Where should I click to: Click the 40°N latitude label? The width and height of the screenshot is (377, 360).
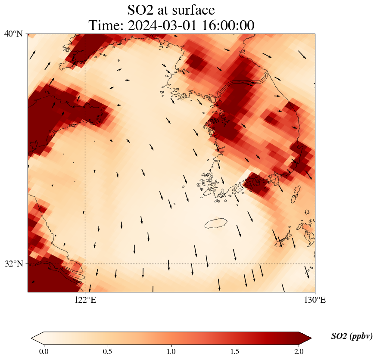13,34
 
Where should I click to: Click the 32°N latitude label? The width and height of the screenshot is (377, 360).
13,264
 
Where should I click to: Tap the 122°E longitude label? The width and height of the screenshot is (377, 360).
85,300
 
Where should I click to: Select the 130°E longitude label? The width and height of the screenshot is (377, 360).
315,300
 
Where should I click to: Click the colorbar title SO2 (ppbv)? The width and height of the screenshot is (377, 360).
352,336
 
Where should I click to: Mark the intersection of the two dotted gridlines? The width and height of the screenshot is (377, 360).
85,264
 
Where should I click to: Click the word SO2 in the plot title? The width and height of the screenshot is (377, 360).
140,9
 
